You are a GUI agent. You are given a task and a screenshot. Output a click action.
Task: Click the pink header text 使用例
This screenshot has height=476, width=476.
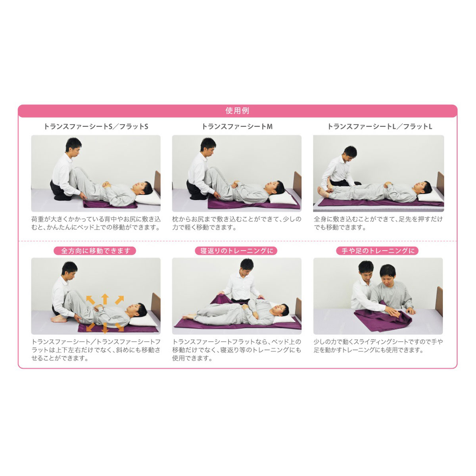(x=237, y=111)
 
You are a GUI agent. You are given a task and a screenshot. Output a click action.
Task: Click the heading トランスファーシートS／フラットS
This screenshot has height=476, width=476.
(x=96, y=127)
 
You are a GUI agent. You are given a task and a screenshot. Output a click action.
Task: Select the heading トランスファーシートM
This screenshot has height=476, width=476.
(x=237, y=127)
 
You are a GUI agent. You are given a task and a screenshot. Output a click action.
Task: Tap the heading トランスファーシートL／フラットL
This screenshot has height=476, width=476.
(x=379, y=127)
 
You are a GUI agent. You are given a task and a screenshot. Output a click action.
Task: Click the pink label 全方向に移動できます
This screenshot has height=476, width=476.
(x=95, y=251)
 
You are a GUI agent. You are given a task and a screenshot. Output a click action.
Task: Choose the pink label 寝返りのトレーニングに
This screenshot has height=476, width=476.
(x=237, y=251)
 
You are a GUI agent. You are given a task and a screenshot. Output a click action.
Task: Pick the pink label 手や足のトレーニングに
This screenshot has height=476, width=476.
(x=378, y=251)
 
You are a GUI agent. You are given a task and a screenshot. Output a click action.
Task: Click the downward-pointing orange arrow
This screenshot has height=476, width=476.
(x=105, y=329)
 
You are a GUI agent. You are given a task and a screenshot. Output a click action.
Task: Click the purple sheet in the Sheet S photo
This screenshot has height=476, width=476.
(x=109, y=204)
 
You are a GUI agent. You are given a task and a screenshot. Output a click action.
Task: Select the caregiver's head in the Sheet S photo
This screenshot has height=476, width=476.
(x=73, y=146)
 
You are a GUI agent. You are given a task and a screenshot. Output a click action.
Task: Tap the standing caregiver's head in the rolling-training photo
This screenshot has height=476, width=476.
(x=246, y=268)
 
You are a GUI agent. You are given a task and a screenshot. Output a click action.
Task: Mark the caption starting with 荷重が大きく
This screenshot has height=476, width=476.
(x=96, y=223)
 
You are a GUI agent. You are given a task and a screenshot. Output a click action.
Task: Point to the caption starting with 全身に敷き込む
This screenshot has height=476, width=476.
(x=378, y=223)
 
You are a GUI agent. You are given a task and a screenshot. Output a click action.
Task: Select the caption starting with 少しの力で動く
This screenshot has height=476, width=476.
(x=378, y=346)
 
